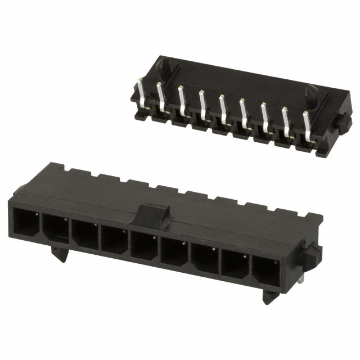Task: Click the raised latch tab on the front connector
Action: pos(154,214)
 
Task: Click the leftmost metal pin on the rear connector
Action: pos(141,92)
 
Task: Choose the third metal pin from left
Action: pos(182,100)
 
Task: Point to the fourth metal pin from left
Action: pos(202,103)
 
